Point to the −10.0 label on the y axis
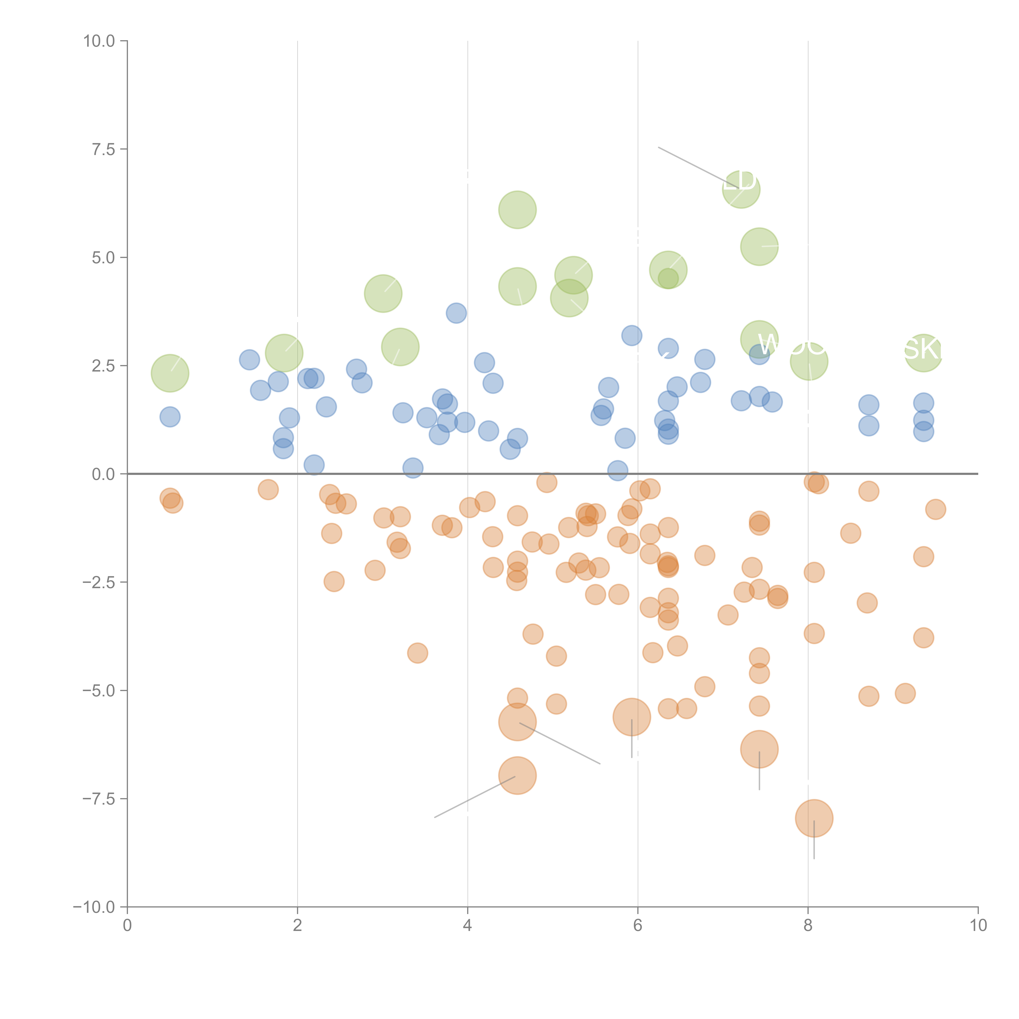tap(94, 907)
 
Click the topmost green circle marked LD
tap(741, 189)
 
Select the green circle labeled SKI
tap(923, 353)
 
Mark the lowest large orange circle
tap(814, 818)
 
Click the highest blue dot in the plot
tap(456, 313)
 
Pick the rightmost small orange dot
tap(935, 509)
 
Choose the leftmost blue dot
tap(170, 417)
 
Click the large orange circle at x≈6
tap(631, 717)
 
